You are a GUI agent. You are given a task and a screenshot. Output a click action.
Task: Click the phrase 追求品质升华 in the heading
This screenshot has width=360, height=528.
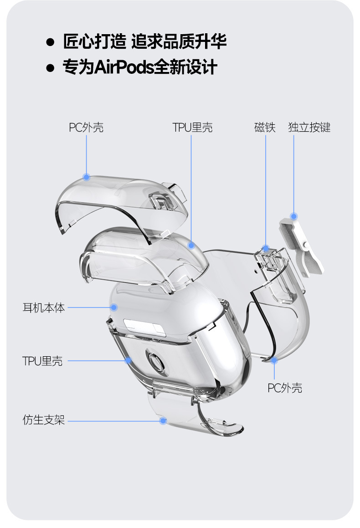pyautogui.click(x=179, y=42)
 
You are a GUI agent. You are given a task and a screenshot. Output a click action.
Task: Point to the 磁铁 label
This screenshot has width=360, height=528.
pyautogui.click(x=265, y=127)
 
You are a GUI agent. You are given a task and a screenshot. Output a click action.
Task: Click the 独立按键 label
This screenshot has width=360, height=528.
pyautogui.click(x=309, y=127)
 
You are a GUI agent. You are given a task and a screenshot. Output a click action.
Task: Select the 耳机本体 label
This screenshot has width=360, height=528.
pyautogui.click(x=43, y=308)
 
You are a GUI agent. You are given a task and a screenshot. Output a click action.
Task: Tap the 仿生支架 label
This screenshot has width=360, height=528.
pyautogui.click(x=43, y=420)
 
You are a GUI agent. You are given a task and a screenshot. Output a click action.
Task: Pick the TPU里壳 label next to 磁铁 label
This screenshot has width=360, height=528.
pyautogui.click(x=192, y=127)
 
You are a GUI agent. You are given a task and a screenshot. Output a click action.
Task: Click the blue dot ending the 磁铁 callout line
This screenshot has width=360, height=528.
pyautogui.click(x=266, y=249)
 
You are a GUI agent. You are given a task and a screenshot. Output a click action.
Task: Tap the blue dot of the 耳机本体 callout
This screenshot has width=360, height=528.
pyautogui.click(x=114, y=308)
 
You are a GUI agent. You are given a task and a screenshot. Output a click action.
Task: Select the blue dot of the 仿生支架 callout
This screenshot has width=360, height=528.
pyautogui.click(x=163, y=420)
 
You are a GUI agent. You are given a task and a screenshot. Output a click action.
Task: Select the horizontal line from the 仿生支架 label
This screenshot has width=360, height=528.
pyautogui.click(x=114, y=420)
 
